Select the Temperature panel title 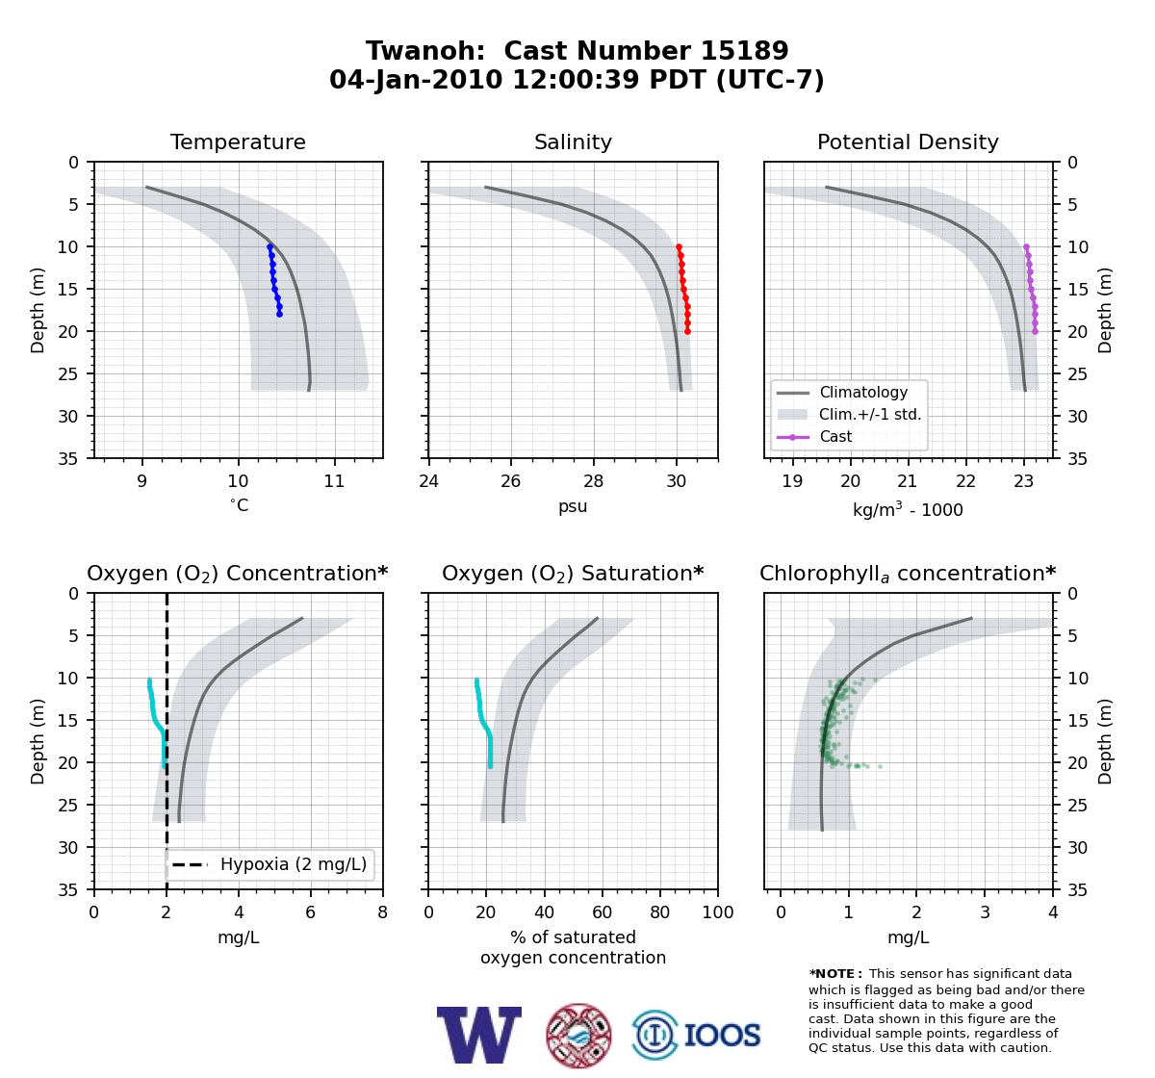tap(238, 141)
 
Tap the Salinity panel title tap(573, 141)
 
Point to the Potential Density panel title tap(908, 141)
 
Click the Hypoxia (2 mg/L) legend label tap(294, 864)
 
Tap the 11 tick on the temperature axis tap(334, 481)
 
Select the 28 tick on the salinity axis tap(593, 481)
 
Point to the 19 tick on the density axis tap(793, 481)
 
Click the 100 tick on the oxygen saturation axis tap(718, 911)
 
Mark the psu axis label tap(573, 506)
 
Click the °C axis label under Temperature tap(239, 505)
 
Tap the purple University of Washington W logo tap(479, 1035)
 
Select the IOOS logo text tap(722, 1035)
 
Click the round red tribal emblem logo tap(578, 1036)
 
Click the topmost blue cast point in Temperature tap(269, 246)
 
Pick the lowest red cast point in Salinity tap(687, 332)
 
